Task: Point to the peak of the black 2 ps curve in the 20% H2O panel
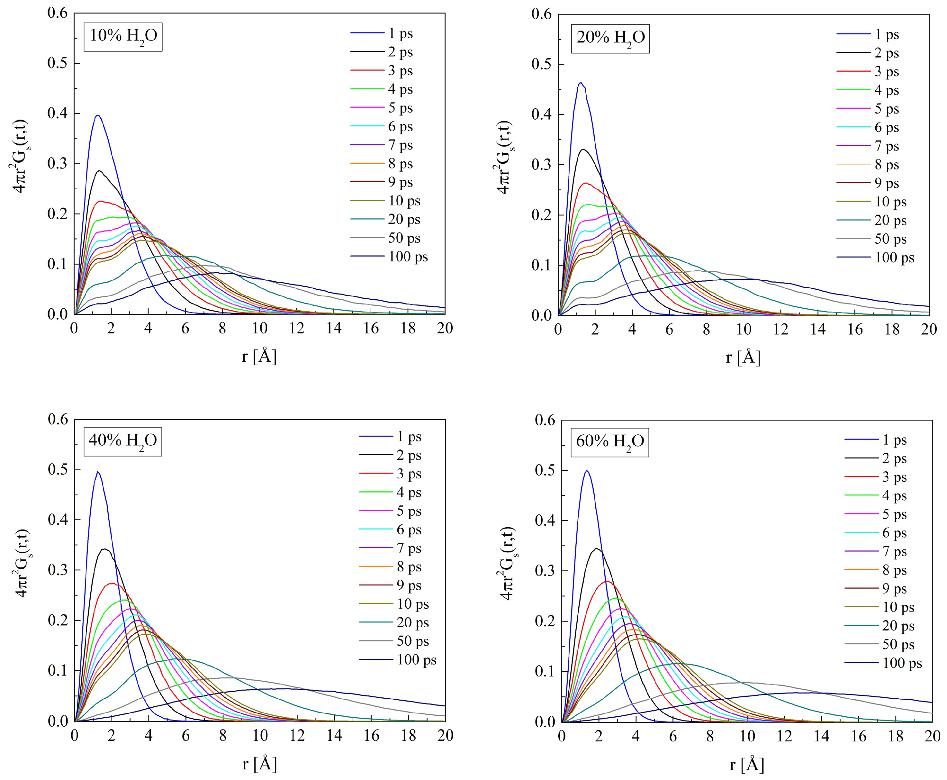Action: click(x=583, y=149)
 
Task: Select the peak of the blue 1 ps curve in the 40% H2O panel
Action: click(x=97, y=472)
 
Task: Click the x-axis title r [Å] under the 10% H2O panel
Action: click(x=259, y=356)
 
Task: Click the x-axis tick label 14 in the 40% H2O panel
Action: click(x=334, y=736)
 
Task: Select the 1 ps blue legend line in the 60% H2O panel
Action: click(x=861, y=440)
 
